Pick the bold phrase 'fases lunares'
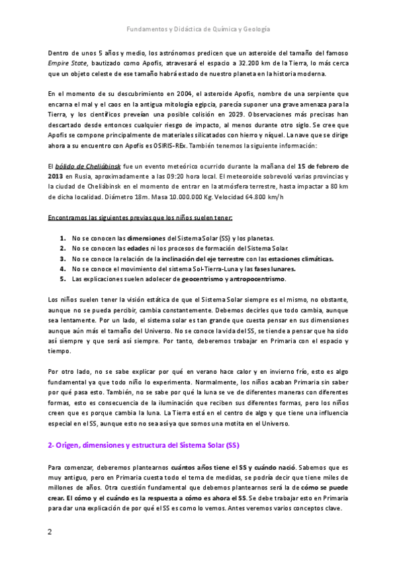point(273,269)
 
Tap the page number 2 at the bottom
point(50,532)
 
